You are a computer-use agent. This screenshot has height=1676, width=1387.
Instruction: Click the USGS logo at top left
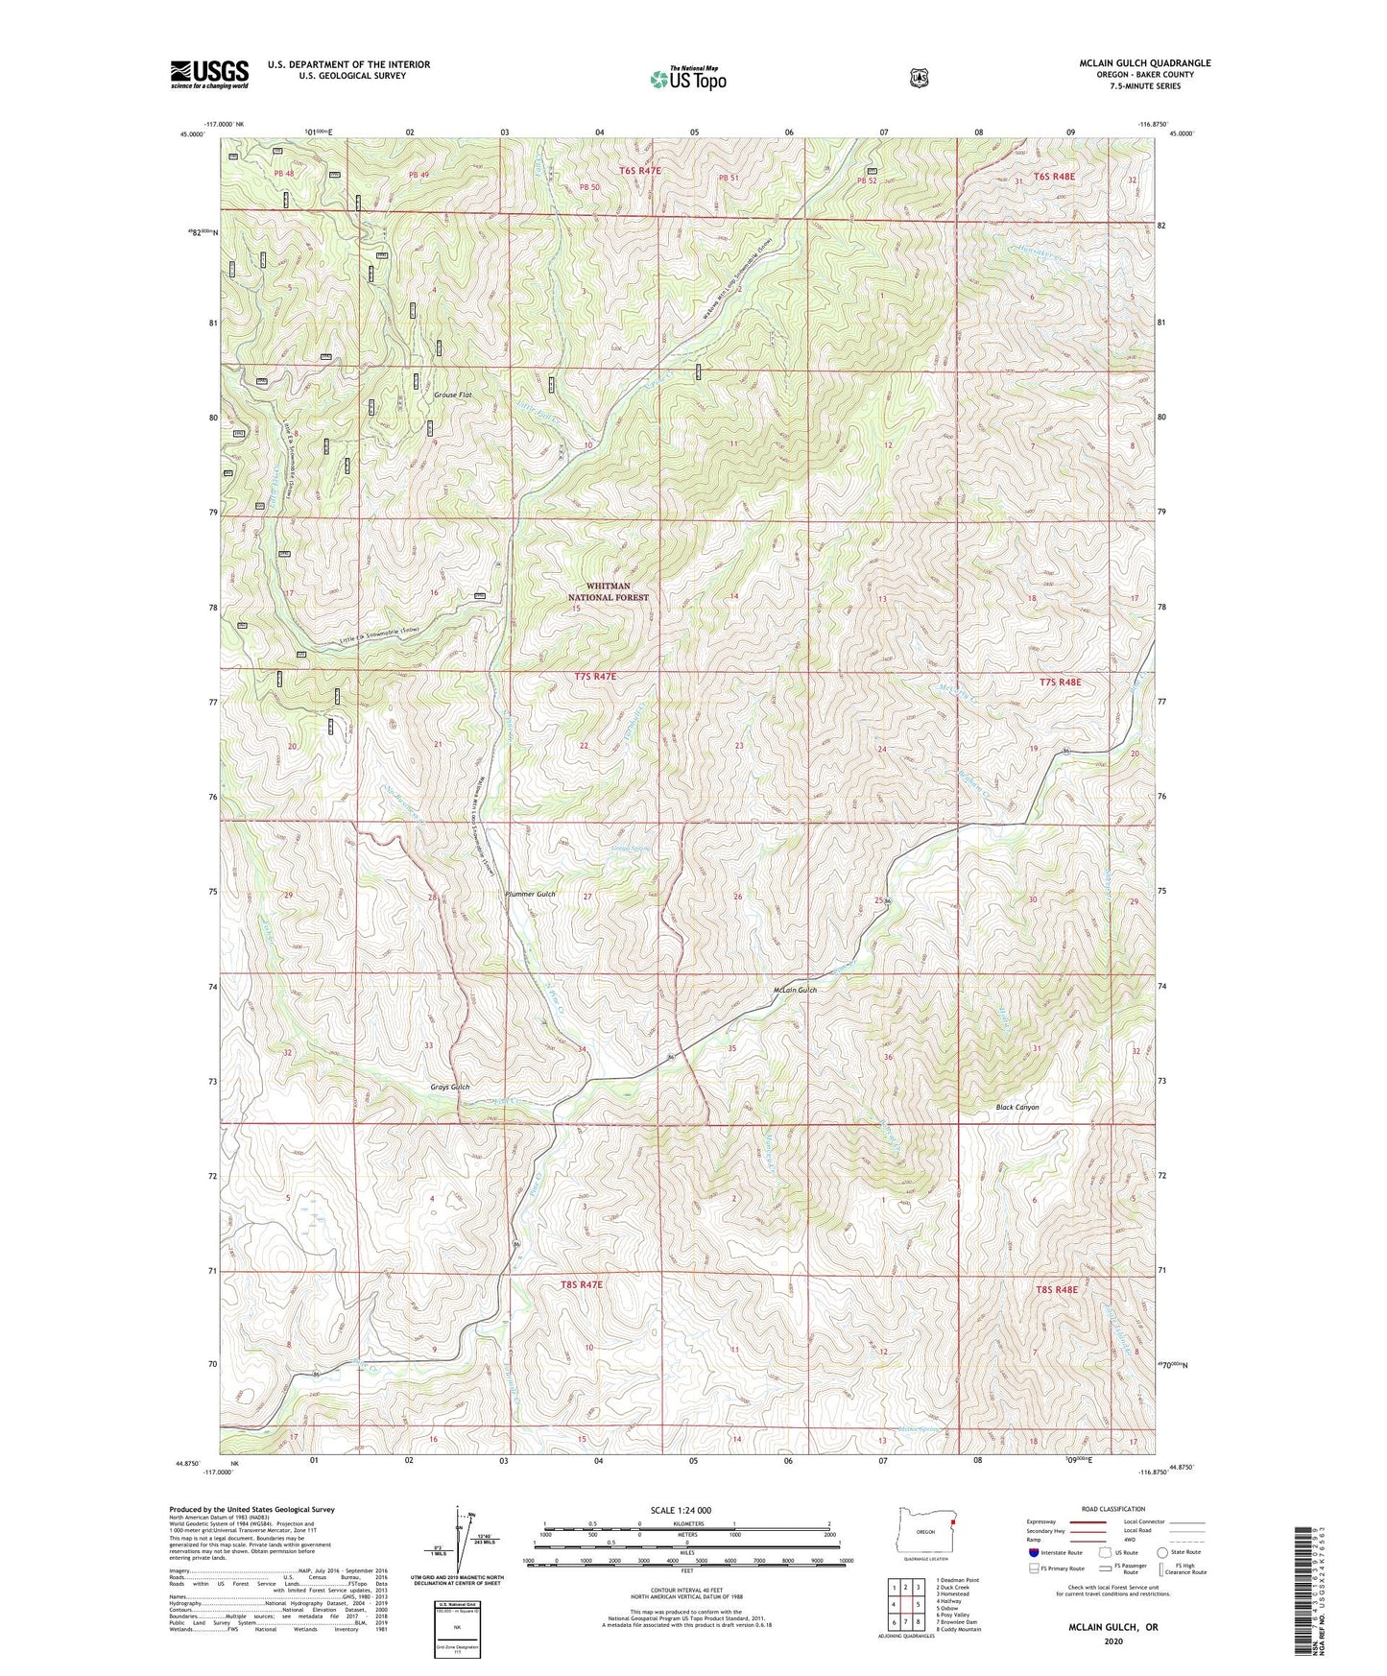click(x=209, y=74)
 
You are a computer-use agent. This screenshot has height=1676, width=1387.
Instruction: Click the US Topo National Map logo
click(x=687, y=79)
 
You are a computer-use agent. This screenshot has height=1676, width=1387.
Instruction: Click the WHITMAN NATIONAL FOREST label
click(x=610, y=591)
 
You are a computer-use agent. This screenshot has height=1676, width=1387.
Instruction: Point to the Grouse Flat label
click(x=453, y=395)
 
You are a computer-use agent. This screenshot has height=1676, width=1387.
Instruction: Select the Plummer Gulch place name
click(x=530, y=894)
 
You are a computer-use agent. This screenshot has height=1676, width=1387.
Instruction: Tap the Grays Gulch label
click(x=449, y=1087)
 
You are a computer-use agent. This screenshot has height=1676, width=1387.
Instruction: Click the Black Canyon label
click(x=1016, y=1107)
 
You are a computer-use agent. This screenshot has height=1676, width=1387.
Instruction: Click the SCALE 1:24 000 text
click(x=681, y=1510)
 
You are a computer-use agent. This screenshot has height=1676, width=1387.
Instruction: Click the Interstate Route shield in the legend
click(x=1032, y=1552)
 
